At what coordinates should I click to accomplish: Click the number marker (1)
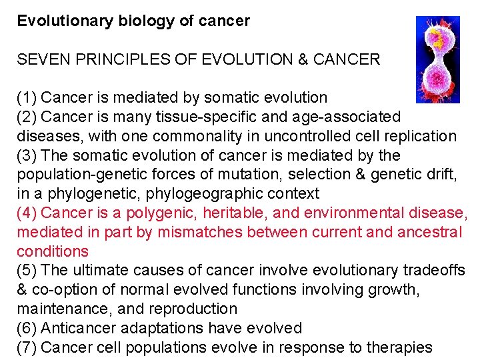pyautogui.click(x=27, y=98)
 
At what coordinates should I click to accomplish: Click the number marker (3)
pyautogui.click(x=27, y=156)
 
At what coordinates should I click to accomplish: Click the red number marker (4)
pyautogui.click(x=27, y=214)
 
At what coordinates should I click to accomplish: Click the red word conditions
pyautogui.click(x=53, y=252)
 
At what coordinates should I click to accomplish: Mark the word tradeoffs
pyautogui.click(x=434, y=271)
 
